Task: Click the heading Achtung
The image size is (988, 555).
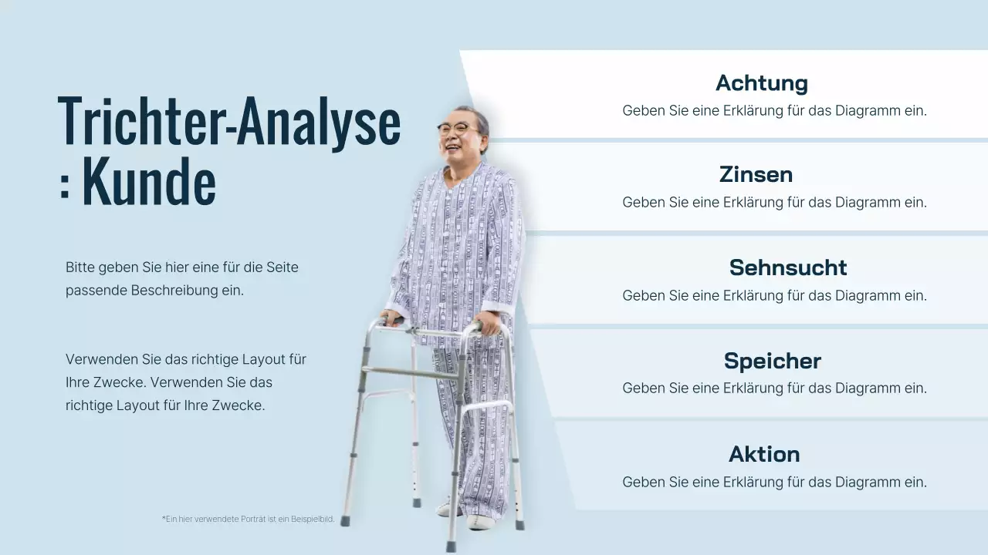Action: (761, 82)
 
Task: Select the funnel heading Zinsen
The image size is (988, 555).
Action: (756, 174)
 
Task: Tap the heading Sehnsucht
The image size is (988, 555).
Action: (788, 267)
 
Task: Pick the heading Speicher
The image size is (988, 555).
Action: (772, 361)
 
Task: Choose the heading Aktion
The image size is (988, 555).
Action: (764, 454)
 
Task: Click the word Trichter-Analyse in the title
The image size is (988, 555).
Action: (229, 122)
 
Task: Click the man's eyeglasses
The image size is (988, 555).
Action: (455, 129)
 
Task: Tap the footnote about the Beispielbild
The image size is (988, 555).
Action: (248, 519)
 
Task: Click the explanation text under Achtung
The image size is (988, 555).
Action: (774, 110)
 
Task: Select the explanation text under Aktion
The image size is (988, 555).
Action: (774, 482)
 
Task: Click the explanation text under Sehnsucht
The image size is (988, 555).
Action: (774, 295)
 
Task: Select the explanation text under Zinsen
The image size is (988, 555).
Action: (774, 202)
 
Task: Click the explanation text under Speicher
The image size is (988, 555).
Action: (774, 388)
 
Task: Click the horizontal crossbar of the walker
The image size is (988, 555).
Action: (413, 374)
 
